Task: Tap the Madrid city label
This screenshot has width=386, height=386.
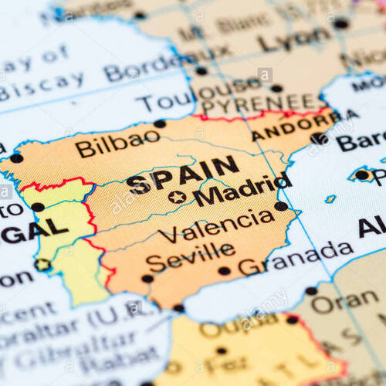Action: pos(242,189)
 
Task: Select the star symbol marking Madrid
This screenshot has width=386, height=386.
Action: pos(177,197)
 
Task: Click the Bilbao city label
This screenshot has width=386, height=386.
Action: pos(117,144)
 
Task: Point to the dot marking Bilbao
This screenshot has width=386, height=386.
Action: pos(160,124)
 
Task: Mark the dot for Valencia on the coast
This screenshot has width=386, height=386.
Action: pos(281,206)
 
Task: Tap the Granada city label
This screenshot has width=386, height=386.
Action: pos(296,259)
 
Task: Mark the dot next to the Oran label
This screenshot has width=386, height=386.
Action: pos(311,291)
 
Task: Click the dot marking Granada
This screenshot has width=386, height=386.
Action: pos(224,270)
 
